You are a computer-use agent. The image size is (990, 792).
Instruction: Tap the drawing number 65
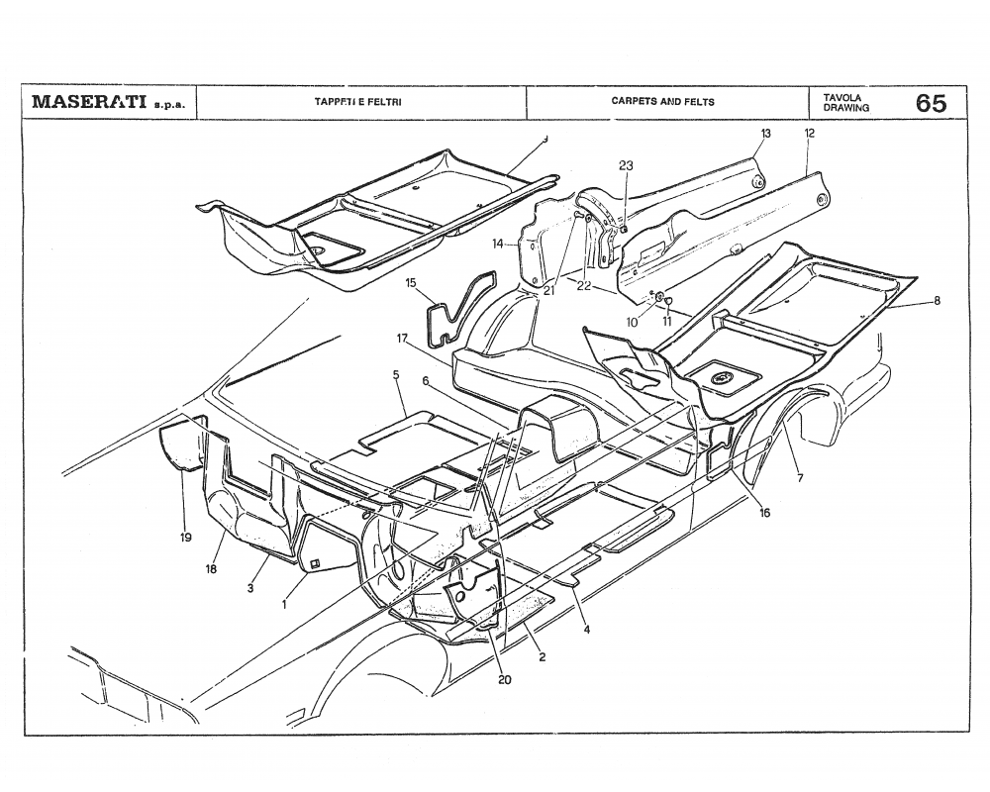(931, 103)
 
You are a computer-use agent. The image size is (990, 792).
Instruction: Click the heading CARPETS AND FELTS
(662, 102)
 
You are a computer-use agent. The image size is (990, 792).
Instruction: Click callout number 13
(766, 133)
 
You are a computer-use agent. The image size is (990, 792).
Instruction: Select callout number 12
(810, 133)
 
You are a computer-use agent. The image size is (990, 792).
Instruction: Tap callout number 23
(626, 166)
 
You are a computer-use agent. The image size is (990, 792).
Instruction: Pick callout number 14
(499, 244)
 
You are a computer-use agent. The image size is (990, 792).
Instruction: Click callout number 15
(411, 283)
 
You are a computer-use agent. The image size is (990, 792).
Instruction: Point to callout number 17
(403, 339)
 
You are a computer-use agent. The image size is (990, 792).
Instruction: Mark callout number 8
(937, 301)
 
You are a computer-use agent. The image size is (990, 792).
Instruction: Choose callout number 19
(186, 539)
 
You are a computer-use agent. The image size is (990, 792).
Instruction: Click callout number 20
(505, 679)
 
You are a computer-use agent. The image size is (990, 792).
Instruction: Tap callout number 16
(764, 513)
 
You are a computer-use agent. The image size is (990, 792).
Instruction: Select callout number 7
(800, 478)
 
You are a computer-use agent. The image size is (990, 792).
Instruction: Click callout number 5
(396, 375)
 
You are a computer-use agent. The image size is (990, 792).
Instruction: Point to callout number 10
(632, 323)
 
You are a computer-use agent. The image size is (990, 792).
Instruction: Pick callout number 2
(542, 656)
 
